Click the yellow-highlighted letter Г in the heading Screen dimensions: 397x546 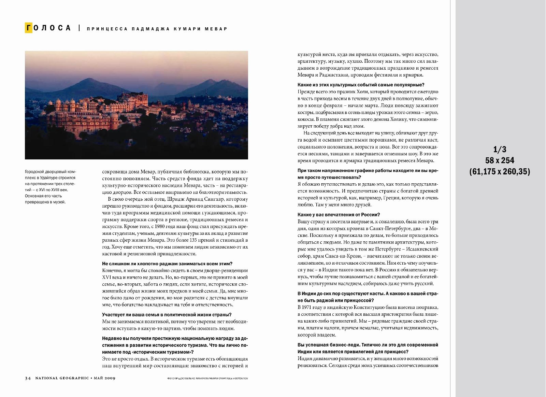(x=29, y=28)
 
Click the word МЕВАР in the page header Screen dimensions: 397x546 (x=217, y=29)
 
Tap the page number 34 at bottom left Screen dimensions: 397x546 (x=28, y=378)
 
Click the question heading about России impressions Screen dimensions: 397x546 (x=339, y=215)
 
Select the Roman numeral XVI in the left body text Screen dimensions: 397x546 (x=107, y=277)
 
